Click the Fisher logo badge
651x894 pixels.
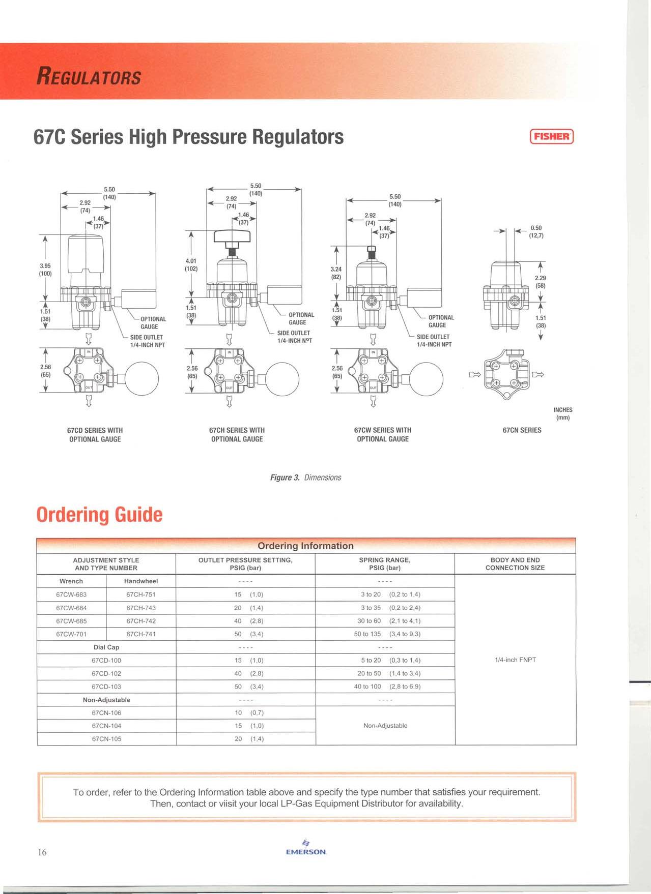[x=552, y=136]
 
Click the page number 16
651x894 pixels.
[x=42, y=852]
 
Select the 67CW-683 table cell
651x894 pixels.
[x=71, y=594]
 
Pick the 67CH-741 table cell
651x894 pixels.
[x=141, y=634]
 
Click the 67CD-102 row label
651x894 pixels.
[x=106, y=673]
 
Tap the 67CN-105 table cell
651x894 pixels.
[x=106, y=739]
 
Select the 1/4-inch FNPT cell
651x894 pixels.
[x=515, y=660]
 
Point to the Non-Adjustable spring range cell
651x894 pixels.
[x=385, y=726]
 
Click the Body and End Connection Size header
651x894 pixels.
[x=515, y=563]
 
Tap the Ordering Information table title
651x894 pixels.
[x=305, y=546]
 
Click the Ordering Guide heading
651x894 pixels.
[x=99, y=515]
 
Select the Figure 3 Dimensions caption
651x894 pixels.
[x=305, y=478]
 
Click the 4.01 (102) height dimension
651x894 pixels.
[x=191, y=264]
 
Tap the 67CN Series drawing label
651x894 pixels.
[x=522, y=430]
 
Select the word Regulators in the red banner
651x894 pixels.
[x=89, y=77]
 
